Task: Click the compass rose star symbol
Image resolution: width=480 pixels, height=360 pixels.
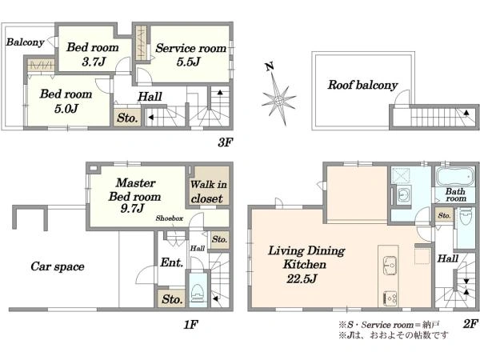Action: point(278,99)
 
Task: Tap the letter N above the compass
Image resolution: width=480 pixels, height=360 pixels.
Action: point(270,66)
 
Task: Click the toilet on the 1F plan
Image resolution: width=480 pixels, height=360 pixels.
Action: point(198,292)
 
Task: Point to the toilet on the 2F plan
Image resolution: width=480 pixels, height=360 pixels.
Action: point(466,216)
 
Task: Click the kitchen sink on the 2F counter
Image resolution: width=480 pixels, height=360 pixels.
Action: point(390,264)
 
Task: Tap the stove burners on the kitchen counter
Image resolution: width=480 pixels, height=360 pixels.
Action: point(390,298)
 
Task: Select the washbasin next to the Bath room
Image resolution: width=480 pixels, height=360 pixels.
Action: point(404,194)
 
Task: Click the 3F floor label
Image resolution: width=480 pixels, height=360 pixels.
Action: point(226,142)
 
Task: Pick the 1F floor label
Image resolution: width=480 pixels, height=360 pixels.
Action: point(190,324)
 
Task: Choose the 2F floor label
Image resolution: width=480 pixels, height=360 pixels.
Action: point(470,323)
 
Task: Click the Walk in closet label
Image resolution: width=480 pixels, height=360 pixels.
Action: point(208,191)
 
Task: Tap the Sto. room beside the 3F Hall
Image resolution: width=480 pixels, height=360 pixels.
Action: point(127,118)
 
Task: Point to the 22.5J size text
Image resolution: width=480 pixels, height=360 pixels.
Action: point(302,279)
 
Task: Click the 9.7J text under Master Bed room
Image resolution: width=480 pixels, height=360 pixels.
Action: point(132,209)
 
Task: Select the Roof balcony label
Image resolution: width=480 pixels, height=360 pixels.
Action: point(362,85)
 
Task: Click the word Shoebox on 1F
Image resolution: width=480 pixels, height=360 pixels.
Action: point(170,218)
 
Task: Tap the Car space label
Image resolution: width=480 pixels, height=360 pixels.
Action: point(58,266)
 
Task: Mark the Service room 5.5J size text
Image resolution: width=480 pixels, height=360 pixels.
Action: point(188,62)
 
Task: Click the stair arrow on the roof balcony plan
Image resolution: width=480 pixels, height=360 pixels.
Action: point(466,113)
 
